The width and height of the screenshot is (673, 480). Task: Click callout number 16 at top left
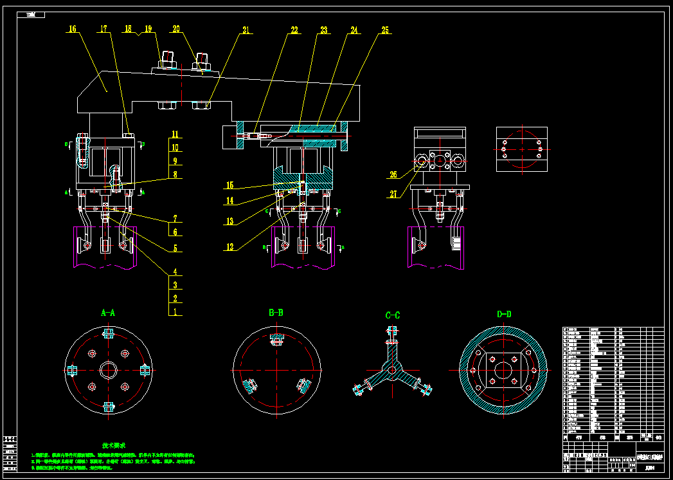(72, 29)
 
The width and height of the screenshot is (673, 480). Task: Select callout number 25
(384, 30)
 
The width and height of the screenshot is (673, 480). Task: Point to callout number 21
(245, 30)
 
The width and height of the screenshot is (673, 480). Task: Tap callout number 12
(230, 246)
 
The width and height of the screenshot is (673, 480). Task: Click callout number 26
(393, 174)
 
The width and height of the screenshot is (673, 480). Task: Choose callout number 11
(175, 135)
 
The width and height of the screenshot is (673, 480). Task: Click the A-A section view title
(108, 313)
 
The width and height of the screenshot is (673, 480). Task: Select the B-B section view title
(276, 313)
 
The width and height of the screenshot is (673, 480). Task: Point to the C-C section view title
(392, 315)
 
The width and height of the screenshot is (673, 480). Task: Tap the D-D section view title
(504, 315)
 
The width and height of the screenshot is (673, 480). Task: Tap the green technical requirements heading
(114, 445)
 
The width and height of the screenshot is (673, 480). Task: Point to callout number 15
(230, 185)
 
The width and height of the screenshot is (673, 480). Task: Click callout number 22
(294, 30)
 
